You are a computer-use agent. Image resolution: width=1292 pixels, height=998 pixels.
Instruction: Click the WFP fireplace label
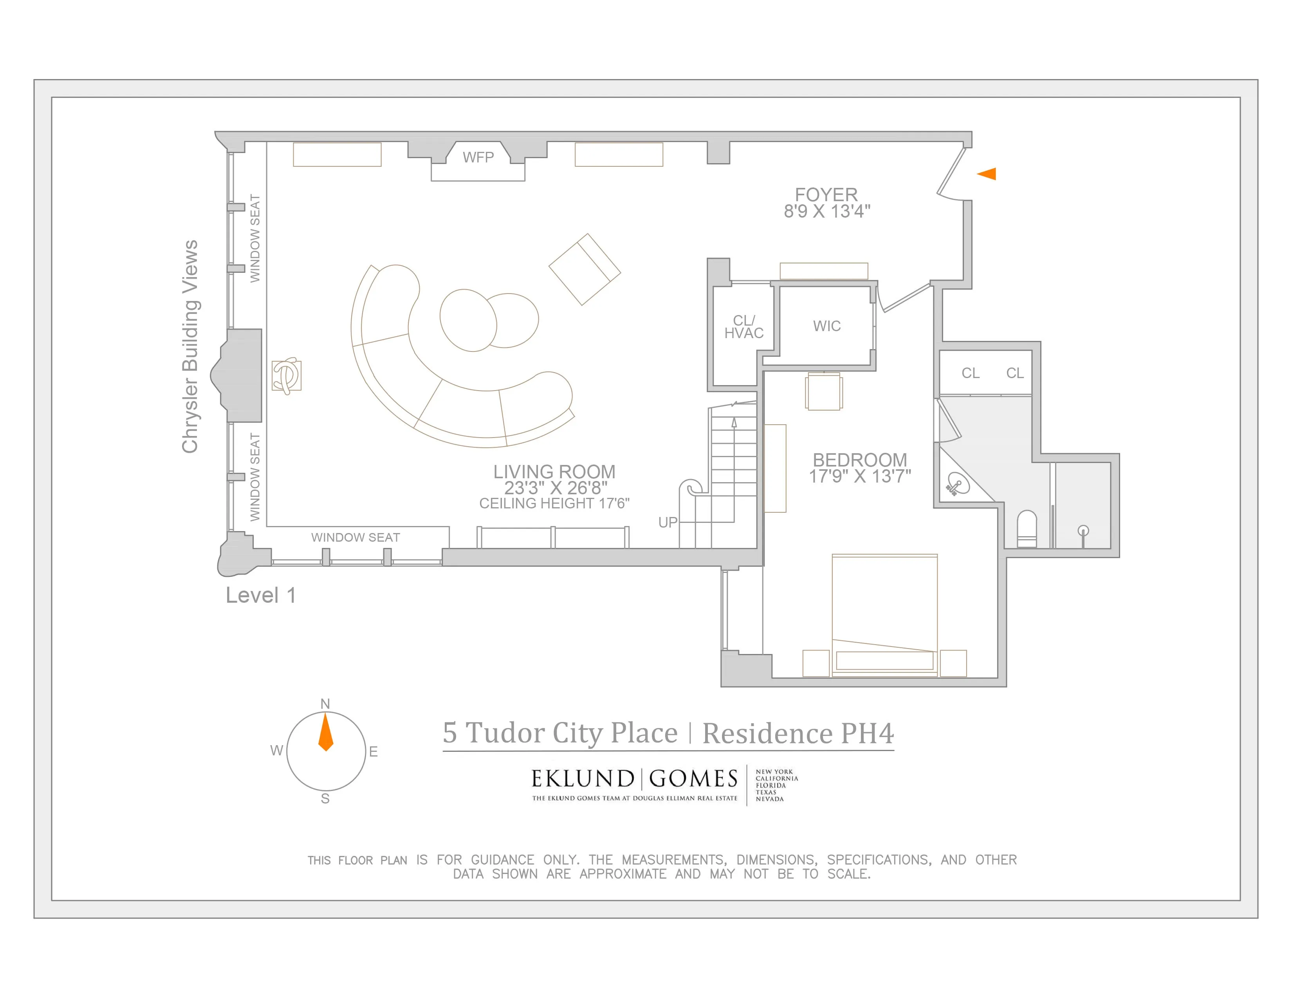point(478,157)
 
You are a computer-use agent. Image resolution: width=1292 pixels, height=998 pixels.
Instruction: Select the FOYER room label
point(826,195)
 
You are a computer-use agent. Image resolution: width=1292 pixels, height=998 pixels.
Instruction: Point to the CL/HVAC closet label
point(743,327)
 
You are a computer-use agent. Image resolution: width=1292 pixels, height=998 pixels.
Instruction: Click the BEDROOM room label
point(859,460)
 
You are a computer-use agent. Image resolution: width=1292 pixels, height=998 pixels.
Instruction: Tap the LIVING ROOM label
point(554,472)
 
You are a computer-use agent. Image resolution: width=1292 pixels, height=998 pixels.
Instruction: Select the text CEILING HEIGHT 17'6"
point(554,504)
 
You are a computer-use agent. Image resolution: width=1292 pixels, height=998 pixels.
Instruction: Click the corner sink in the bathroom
point(958,484)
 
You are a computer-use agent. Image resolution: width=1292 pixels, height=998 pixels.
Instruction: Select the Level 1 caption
point(260,595)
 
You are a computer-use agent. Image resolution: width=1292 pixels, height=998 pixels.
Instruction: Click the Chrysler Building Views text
point(190,347)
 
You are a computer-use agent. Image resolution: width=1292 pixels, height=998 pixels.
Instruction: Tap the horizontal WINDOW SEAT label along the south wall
point(355,537)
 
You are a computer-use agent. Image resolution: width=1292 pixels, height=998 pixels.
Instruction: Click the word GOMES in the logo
point(693,779)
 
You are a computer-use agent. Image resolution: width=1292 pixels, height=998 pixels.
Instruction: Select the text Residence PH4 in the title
point(798,734)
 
